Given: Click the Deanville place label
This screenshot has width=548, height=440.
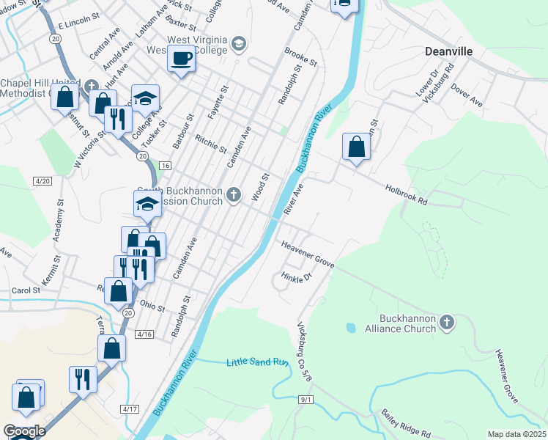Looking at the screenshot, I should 449,51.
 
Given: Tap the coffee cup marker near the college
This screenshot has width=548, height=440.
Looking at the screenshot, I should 181,58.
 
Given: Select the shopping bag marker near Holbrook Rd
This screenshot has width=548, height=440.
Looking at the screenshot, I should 356,147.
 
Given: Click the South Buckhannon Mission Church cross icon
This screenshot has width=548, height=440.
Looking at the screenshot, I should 234,194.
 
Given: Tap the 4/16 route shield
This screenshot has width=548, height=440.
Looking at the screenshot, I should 144,334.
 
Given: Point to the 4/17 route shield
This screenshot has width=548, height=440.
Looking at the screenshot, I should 130,408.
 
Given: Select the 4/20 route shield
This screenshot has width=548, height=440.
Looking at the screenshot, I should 42,180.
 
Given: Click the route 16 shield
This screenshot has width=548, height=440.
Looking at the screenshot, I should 165,166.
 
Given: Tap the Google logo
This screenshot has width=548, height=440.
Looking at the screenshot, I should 24,432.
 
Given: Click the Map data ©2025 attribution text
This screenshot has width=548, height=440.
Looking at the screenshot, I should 517,434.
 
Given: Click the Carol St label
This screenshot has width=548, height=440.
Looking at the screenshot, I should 26,291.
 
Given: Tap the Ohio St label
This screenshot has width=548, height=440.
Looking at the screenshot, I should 152,304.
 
